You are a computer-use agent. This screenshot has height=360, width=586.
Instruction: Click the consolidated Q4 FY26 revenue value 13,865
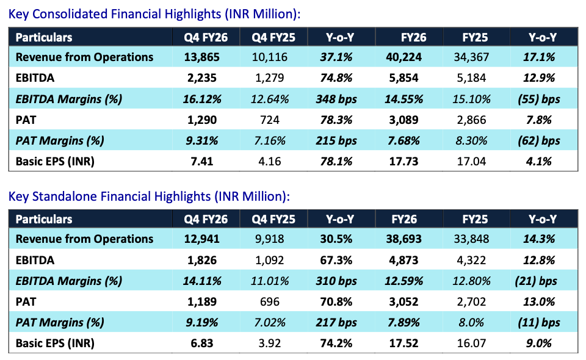(202, 57)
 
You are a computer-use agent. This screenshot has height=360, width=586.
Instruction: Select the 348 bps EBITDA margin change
(336, 99)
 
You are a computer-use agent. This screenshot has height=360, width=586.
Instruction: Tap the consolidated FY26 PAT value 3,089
(403, 120)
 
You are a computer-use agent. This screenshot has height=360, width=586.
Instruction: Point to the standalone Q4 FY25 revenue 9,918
(269, 239)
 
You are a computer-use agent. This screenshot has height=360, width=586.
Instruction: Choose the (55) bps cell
(539, 99)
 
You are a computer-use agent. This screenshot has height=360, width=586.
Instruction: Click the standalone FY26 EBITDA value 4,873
(403, 260)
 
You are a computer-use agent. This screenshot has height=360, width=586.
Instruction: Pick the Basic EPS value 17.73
(403, 161)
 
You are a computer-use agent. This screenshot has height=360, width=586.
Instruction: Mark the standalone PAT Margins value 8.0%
(471, 322)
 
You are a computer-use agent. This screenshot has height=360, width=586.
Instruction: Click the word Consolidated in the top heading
(70, 14)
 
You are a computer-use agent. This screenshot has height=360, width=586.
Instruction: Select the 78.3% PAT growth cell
(336, 120)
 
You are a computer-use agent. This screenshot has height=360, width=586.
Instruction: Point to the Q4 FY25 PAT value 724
(269, 120)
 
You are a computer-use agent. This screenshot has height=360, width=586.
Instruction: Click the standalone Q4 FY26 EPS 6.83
(202, 343)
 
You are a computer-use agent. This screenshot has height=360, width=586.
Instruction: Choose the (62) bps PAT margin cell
(539, 140)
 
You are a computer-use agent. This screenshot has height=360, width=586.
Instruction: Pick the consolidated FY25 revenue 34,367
(471, 57)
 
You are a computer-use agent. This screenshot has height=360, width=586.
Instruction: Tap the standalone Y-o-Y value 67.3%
(336, 260)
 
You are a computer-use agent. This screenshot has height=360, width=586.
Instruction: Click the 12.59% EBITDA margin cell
(403, 281)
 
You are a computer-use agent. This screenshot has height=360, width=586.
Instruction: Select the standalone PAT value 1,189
(202, 302)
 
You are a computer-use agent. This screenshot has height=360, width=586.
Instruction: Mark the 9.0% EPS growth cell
(539, 343)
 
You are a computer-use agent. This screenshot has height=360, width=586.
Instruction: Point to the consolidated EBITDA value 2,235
(202, 77)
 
